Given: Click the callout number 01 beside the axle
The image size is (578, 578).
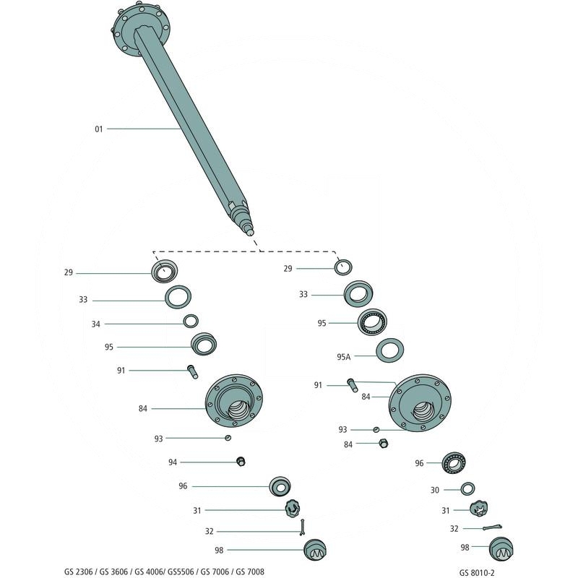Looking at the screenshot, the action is click(98, 129).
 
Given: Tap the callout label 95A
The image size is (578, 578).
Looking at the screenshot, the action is click(344, 357).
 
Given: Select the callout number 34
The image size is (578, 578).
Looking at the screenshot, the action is click(96, 324).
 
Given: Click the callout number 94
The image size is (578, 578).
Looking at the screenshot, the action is click(173, 462).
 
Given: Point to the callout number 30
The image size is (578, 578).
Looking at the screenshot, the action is click(435, 491).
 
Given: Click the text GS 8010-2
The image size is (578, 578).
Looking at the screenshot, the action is click(477, 573).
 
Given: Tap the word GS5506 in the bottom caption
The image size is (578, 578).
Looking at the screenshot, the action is click(181, 571).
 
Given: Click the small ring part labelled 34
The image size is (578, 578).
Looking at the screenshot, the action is click(191, 321).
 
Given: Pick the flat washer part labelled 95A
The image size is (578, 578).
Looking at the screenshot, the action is click(389, 350).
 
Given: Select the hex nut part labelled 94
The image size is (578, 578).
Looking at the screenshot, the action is click(241, 461).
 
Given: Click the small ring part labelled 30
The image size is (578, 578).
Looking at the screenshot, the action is click(467, 489).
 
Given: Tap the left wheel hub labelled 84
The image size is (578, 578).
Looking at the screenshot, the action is click(233, 401).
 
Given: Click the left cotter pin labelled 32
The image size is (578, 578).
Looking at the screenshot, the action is click(302, 527).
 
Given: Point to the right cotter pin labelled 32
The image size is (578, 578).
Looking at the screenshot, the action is click(492, 527).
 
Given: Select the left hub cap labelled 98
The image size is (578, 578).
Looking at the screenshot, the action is click(315, 550).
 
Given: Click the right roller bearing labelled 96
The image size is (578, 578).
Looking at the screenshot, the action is click(454, 463).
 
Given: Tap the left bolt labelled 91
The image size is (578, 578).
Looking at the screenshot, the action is click(193, 371).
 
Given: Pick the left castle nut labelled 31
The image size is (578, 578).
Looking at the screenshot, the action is click(293, 509).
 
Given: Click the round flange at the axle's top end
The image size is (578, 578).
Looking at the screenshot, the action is click(140, 27).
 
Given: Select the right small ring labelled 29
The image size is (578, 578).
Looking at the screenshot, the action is click(343, 267).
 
